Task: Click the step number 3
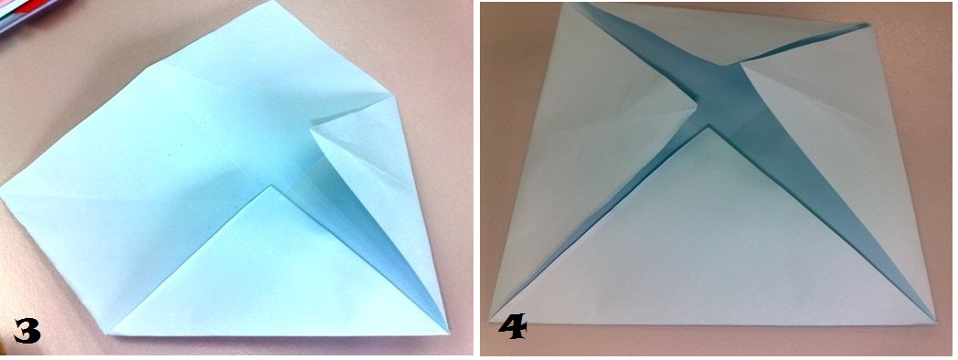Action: click(27, 330)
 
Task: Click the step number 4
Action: click(512, 327)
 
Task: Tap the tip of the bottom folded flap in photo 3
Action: click(271, 187)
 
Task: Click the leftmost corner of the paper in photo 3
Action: click(3, 190)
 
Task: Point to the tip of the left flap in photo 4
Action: click(698, 108)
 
